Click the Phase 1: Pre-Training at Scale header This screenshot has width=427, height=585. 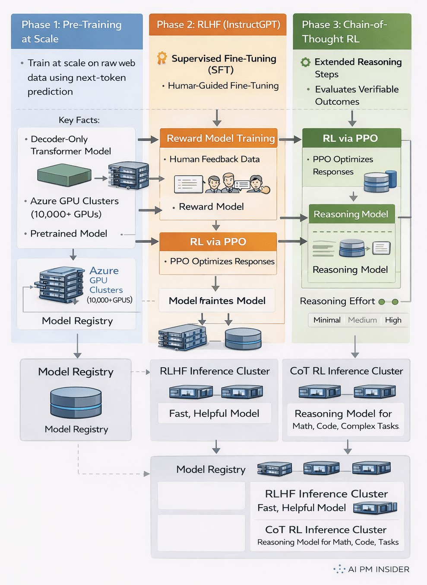click(x=76, y=32)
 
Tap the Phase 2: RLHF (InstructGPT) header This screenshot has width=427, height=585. click(x=218, y=25)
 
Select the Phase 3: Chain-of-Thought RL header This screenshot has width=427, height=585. click(x=351, y=32)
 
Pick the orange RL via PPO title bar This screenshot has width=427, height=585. click(x=218, y=242)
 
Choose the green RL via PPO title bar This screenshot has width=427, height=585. click(x=351, y=138)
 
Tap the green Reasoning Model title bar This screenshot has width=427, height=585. click(x=351, y=214)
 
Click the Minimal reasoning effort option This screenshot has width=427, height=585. click(x=327, y=320)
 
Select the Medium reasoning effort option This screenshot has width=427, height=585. click(x=362, y=320)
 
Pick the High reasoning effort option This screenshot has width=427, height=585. click(x=393, y=320)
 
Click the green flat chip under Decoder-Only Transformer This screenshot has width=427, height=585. click(x=64, y=175)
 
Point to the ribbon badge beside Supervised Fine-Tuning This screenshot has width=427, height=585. click(x=162, y=58)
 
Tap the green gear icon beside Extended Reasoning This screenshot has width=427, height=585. click(x=306, y=62)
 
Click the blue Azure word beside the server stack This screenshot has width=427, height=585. click(x=104, y=271)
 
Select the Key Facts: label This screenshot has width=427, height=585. click(x=79, y=120)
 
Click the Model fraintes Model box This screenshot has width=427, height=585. click(x=217, y=301)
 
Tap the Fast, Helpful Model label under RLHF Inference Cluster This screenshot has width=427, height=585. click(x=214, y=413)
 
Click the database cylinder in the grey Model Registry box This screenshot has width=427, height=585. click(x=76, y=403)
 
